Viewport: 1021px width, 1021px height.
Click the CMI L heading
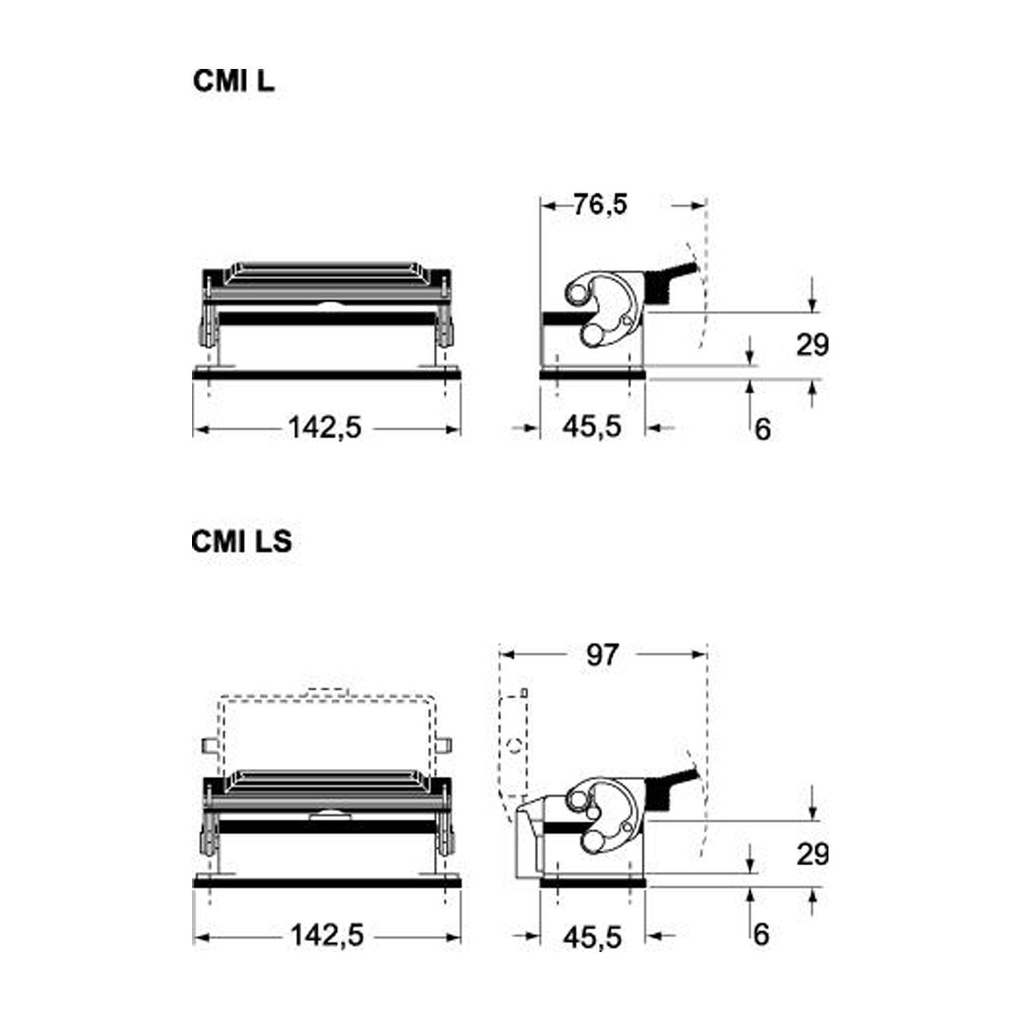(233, 81)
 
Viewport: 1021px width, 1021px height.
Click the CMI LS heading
(242, 541)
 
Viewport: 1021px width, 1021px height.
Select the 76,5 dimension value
(600, 204)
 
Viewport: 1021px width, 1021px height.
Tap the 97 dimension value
(602, 655)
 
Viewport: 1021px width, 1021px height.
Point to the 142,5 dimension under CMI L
(325, 428)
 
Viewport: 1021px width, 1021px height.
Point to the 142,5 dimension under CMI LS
(327, 935)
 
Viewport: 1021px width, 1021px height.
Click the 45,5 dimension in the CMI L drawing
(592, 427)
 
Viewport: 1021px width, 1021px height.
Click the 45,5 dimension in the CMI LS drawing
(592, 937)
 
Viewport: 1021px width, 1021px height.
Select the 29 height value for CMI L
(813, 345)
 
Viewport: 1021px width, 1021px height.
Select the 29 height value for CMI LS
(813, 854)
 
